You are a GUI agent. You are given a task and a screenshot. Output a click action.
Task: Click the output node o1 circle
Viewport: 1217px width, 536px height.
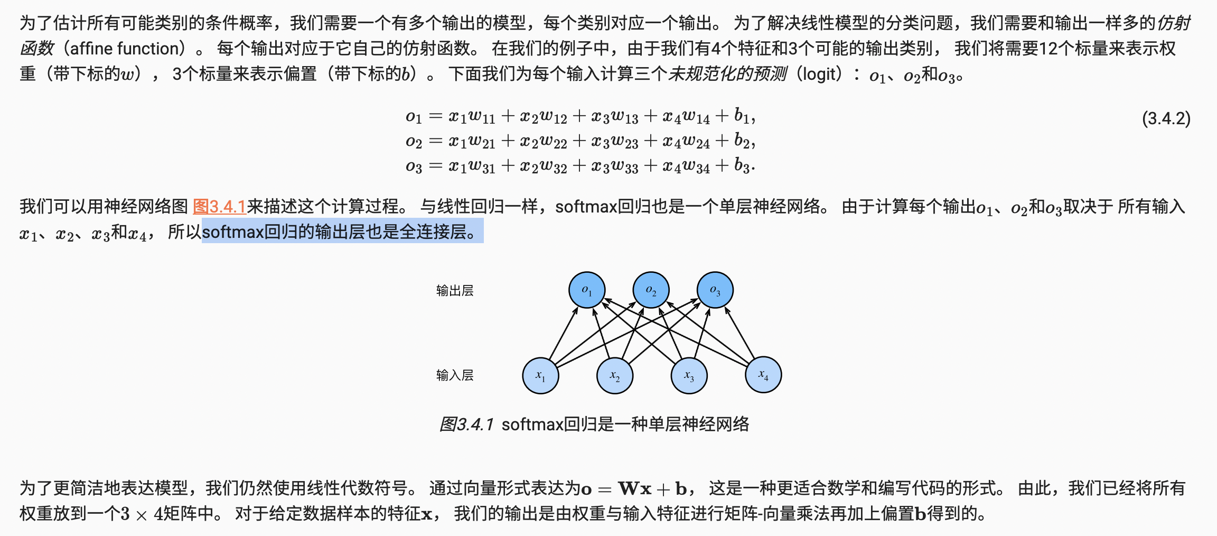586,290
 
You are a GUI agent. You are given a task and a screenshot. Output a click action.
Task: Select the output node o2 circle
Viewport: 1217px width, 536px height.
651,290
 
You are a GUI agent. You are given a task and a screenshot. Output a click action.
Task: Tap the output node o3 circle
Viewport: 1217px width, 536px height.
715,290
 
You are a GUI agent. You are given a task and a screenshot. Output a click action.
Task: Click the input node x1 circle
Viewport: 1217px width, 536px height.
540,375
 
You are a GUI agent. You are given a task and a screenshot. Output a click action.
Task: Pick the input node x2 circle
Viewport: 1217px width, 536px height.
614,375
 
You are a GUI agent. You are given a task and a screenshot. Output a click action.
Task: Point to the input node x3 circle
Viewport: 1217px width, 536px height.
689,375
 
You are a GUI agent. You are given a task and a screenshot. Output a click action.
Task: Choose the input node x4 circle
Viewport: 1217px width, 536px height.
763,375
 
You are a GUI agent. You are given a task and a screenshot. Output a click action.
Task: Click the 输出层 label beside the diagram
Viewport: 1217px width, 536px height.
454,290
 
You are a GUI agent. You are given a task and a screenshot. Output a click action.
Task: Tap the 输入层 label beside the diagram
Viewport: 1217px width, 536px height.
454,375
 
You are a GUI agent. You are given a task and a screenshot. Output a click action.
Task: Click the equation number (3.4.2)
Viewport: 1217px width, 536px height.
1166,118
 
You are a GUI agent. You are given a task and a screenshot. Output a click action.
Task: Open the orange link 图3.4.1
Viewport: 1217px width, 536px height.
219,206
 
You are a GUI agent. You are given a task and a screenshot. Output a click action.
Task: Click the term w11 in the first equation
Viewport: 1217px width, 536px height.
481,116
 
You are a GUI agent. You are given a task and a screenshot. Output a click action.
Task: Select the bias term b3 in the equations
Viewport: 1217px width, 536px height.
742,166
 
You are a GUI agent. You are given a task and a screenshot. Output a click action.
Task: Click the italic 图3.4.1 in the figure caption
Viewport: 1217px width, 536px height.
466,424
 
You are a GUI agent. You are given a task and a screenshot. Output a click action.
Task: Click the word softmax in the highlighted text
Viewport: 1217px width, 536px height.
232,232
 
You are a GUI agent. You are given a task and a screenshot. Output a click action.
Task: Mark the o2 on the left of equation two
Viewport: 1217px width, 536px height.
414,142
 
